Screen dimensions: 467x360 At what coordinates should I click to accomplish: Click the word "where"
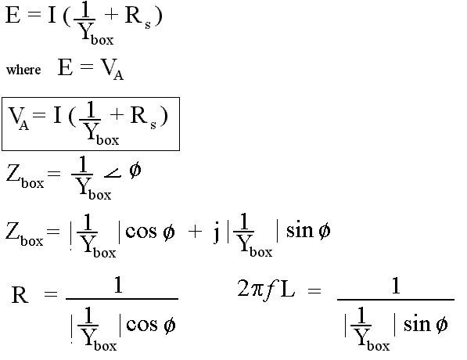[23, 70]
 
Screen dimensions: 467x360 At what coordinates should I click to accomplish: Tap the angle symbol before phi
[113, 174]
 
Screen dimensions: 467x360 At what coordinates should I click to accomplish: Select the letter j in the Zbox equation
[217, 233]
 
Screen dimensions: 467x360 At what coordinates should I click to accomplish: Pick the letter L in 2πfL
[287, 288]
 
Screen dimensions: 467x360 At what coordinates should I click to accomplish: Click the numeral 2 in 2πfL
[242, 288]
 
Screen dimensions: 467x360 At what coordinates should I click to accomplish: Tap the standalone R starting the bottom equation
[20, 294]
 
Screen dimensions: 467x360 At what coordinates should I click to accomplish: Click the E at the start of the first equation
[13, 15]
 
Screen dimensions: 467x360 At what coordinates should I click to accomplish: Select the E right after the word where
[65, 67]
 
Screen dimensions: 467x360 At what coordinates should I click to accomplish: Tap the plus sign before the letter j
[195, 232]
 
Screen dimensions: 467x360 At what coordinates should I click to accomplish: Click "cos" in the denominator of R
[142, 325]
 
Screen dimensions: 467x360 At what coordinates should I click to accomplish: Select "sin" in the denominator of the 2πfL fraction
[417, 324]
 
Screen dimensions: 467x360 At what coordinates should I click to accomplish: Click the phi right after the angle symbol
[135, 171]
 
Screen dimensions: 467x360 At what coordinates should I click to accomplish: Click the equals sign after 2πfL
[314, 290]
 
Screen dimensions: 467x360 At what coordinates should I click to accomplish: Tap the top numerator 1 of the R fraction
[119, 286]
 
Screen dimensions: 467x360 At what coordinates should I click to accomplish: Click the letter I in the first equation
[52, 15]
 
